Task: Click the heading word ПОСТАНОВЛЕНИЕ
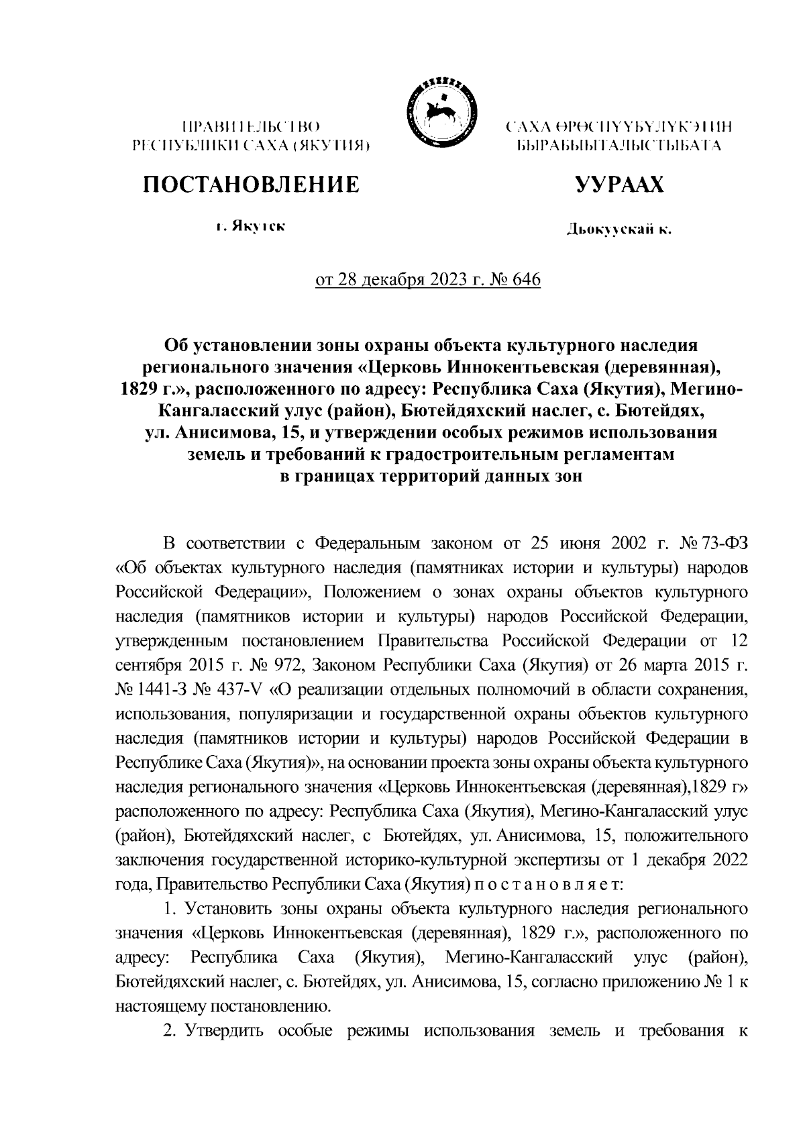[x=250, y=183]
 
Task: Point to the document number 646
[x=525, y=279]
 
